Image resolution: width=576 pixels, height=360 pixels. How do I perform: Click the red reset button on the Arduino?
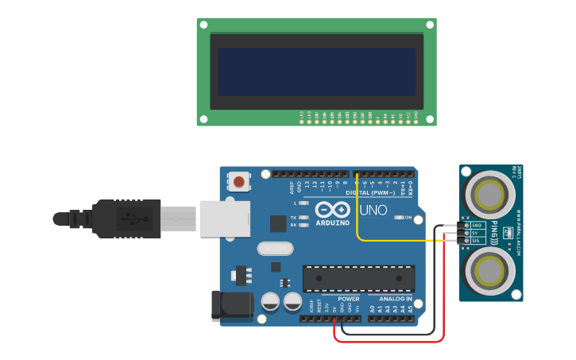239,183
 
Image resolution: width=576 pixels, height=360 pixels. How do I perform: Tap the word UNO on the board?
373,211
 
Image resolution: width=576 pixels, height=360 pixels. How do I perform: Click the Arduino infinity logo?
332,210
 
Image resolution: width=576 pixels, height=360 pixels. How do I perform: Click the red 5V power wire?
389,341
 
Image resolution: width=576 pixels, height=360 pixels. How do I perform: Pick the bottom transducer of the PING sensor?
489,271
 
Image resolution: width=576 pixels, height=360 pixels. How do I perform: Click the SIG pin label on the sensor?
477,240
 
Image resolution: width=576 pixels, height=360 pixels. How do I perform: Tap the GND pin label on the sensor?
477,226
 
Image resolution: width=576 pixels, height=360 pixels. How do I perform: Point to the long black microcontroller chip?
358,278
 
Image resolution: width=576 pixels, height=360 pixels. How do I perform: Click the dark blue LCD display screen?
316,72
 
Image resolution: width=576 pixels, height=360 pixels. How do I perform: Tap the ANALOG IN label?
389,299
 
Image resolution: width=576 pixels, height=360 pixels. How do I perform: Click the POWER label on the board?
348,299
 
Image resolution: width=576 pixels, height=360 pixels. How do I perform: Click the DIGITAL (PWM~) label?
370,193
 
